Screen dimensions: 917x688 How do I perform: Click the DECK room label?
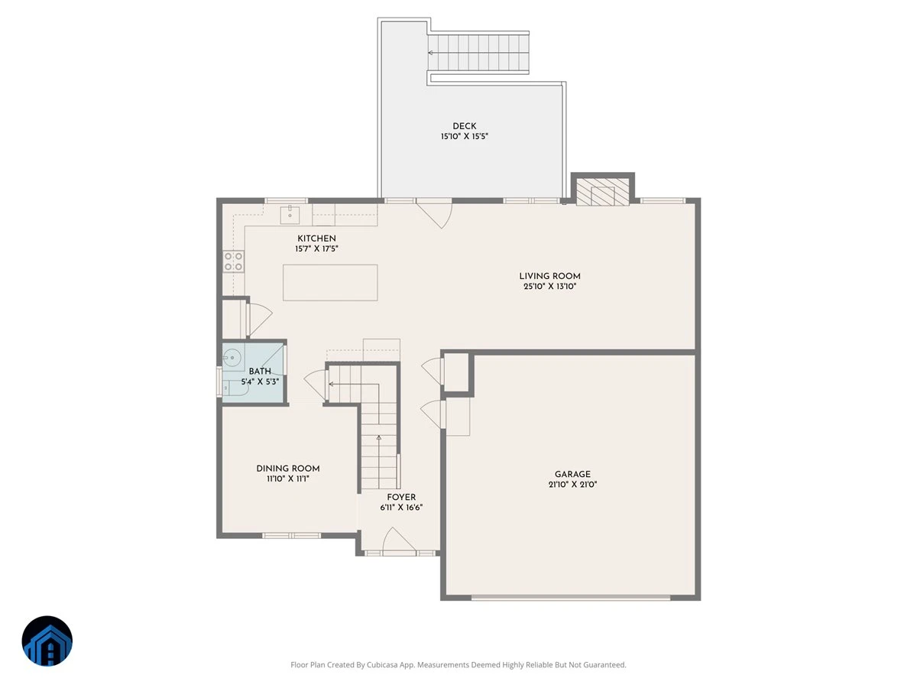(464, 125)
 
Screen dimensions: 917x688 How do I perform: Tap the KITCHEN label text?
(316, 239)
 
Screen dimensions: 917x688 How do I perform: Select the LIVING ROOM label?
(549, 276)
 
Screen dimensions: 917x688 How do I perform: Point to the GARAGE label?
(572, 474)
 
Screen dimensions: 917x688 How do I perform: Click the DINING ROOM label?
(288, 469)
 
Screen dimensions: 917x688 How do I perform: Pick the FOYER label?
(401, 497)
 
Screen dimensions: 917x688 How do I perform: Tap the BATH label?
(259, 372)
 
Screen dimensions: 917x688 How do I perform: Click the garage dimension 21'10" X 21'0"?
(572, 485)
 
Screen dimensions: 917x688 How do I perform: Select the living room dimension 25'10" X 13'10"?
(549, 287)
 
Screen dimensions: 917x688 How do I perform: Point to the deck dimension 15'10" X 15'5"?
(464, 136)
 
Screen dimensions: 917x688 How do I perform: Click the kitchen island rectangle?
(330, 282)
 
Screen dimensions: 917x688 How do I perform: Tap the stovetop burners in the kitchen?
(234, 261)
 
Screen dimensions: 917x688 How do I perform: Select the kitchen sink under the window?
(290, 215)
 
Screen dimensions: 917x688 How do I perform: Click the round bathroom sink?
(232, 358)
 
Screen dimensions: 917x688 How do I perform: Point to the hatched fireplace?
(602, 192)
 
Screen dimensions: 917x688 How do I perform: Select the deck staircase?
(479, 52)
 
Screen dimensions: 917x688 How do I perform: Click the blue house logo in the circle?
(47, 641)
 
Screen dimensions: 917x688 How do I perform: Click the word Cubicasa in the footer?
(382, 664)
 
